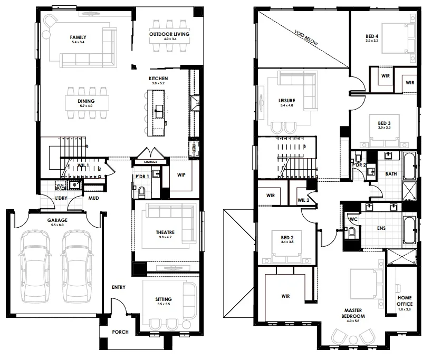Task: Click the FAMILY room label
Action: [78, 37]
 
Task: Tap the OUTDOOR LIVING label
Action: [169, 34]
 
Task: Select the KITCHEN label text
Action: [158, 79]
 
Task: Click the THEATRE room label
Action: [165, 232]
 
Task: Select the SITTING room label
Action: [164, 299]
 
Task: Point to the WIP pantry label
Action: [181, 174]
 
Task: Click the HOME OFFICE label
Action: [405, 301]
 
